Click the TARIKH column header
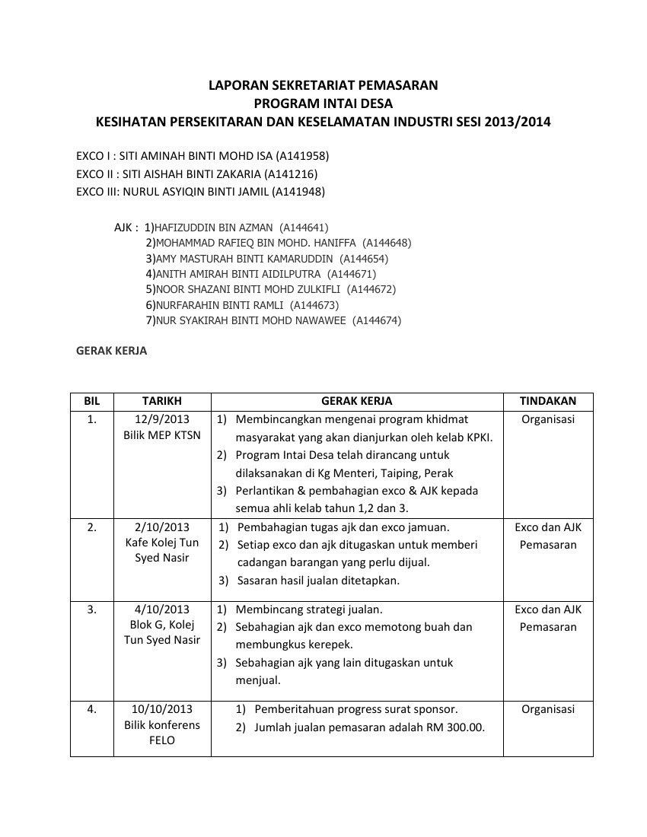pos(162,401)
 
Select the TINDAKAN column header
pos(547,401)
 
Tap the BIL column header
pos(91,401)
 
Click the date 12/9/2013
pos(162,419)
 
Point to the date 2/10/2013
pos(162,527)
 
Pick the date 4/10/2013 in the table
pos(162,609)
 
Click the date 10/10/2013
pos(162,709)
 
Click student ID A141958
pos(302,156)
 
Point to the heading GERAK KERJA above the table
pos(112,352)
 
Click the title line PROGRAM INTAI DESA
pos(323,103)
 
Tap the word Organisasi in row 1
pos(547,419)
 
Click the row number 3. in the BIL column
pos(91,609)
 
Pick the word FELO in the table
pos(162,740)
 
